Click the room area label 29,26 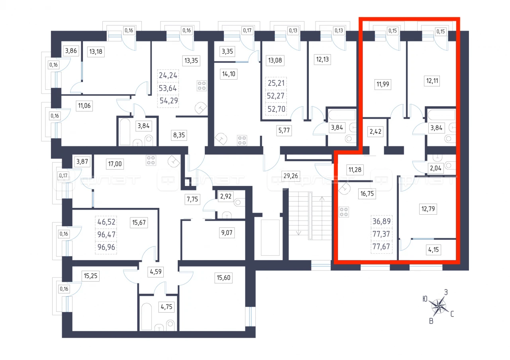pyautogui.click(x=290, y=176)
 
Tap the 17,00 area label pyautogui.click(x=115, y=164)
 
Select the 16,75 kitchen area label pyautogui.click(x=367, y=194)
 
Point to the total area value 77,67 pyautogui.click(x=381, y=247)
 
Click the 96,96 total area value pyautogui.click(x=106, y=247)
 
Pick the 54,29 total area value pyautogui.click(x=169, y=101)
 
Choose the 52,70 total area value pyautogui.click(x=277, y=109)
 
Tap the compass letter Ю pyautogui.click(x=425, y=299)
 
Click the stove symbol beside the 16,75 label pyautogui.click(x=344, y=212)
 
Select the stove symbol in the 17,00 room pyautogui.click(x=151, y=160)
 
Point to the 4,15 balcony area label pyautogui.click(x=433, y=250)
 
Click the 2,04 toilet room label pyautogui.click(x=435, y=168)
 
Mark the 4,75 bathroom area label pyautogui.click(x=167, y=307)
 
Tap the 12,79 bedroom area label pyautogui.click(x=428, y=209)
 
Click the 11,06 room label pyautogui.click(x=84, y=106)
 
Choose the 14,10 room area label pyautogui.click(x=229, y=74)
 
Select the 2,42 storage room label pyautogui.click(x=375, y=131)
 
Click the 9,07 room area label pyautogui.click(x=227, y=233)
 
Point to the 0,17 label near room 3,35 pyautogui.click(x=247, y=30)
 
